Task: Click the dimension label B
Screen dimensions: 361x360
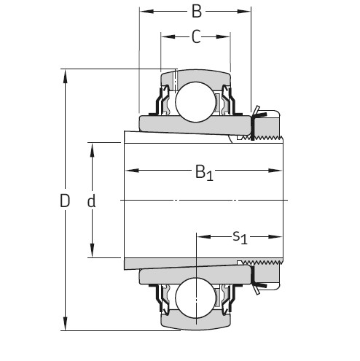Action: (195, 12)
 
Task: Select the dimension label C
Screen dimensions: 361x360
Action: (195, 37)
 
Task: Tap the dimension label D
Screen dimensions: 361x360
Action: (65, 201)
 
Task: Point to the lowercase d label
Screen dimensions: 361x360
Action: (92, 201)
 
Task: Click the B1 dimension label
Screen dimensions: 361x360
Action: (203, 173)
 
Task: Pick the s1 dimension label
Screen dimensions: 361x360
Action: (239, 237)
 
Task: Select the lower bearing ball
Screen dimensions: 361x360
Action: (195, 297)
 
